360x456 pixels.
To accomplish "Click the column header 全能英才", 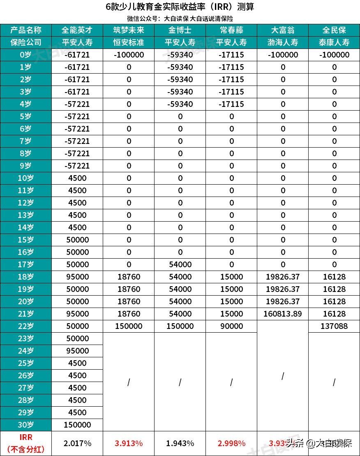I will (77, 30).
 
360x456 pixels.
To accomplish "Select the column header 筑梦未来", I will (129, 30).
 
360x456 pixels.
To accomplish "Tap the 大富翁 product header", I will (283, 30).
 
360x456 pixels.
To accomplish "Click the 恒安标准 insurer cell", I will (129, 42).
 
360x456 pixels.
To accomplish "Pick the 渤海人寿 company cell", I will (283, 42).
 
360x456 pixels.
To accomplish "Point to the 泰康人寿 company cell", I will (334, 42).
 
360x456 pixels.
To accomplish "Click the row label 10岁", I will (26, 178).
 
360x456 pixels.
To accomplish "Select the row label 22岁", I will (26, 326).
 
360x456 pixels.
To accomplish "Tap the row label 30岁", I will (26, 425).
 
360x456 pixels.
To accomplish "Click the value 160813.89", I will (283, 314).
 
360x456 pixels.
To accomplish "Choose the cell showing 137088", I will (334, 326).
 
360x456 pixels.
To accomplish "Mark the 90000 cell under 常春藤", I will (231, 326).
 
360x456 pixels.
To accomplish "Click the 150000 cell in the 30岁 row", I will (77, 425).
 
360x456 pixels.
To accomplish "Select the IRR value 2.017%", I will (77, 443).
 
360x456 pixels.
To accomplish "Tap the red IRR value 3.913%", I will (129, 443).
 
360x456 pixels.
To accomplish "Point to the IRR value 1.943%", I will (180, 443).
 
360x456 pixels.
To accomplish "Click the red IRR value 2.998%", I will (231, 443).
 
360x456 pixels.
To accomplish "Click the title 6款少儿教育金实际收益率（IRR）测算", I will (180, 7).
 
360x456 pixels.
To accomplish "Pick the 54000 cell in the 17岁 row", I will (180, 264).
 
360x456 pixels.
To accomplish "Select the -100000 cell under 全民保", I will (334, 55).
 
